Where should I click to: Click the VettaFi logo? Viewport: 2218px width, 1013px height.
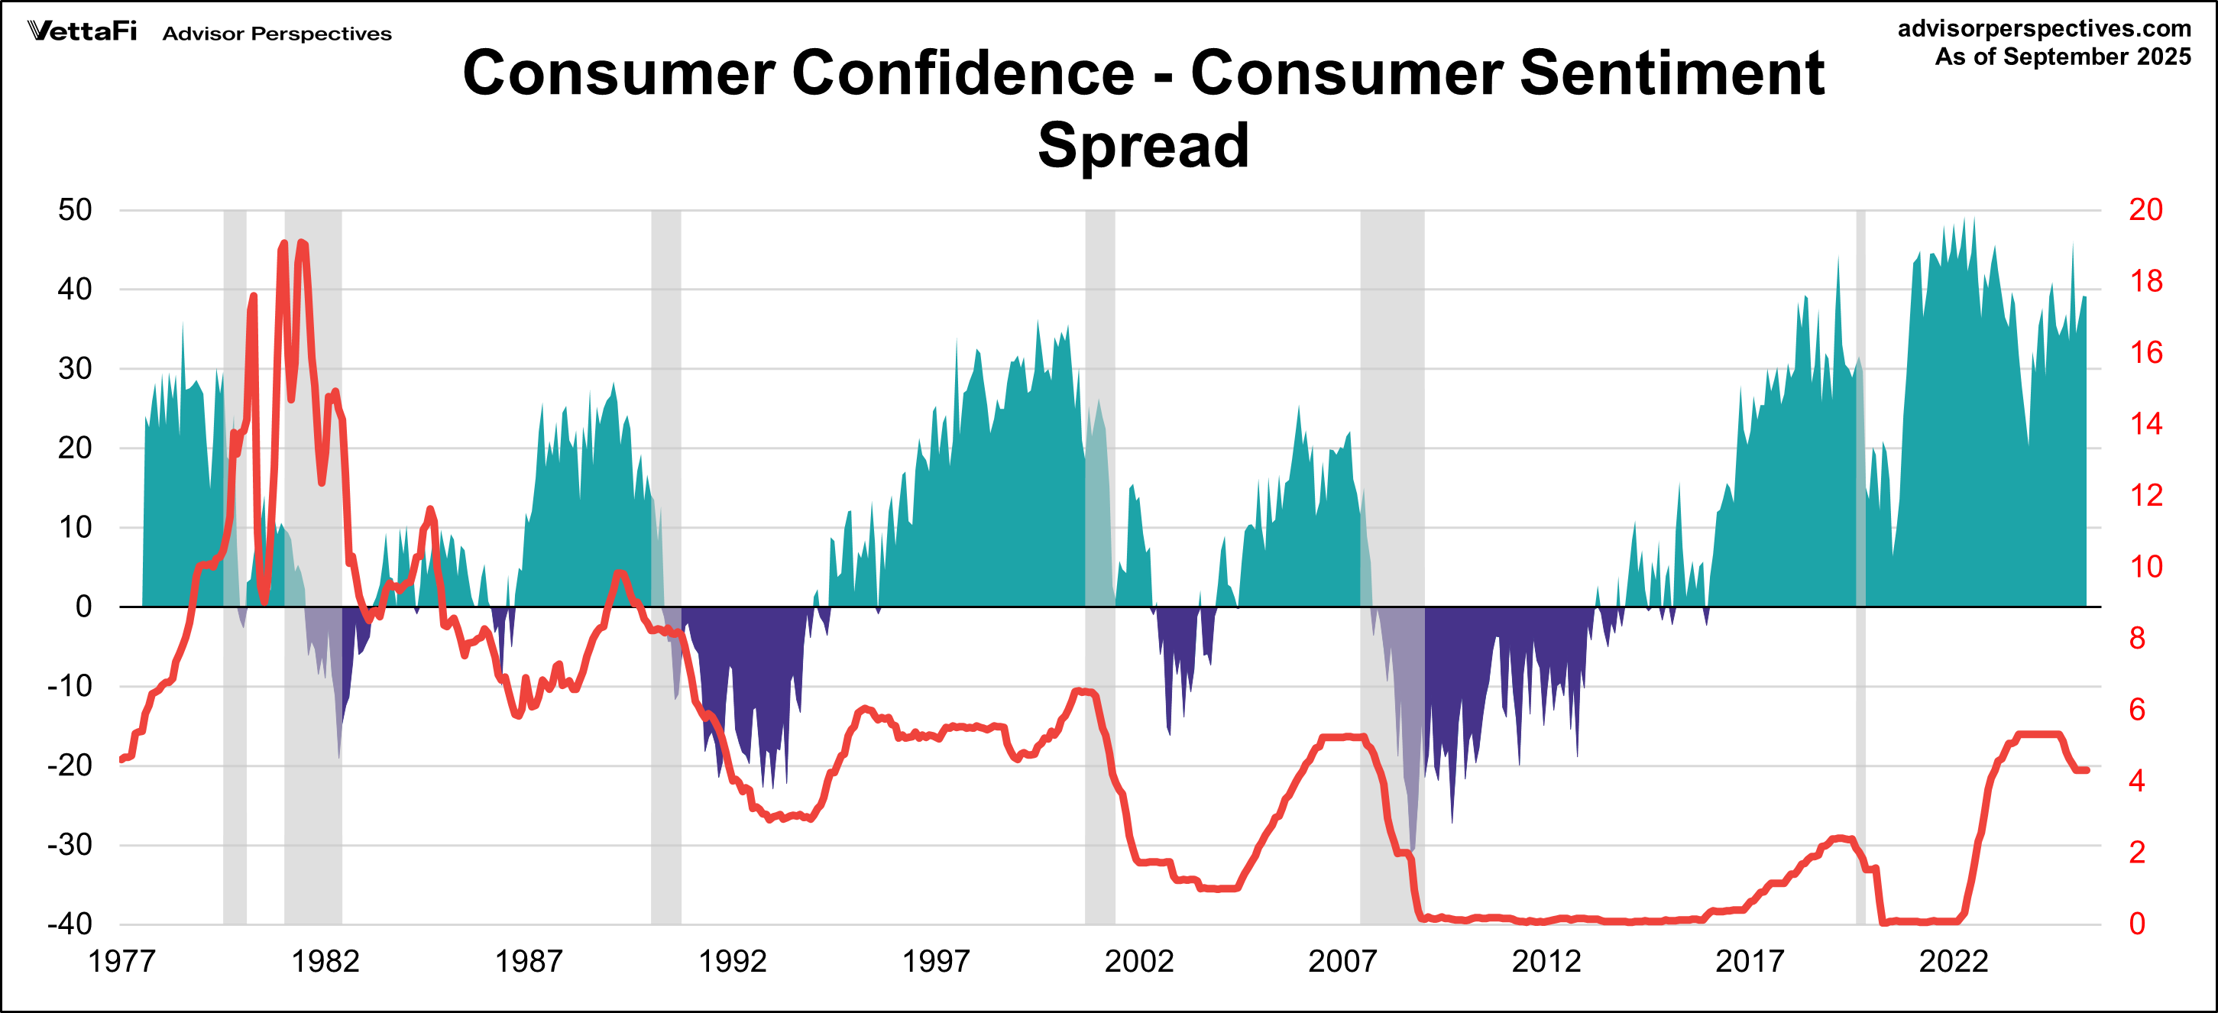82,32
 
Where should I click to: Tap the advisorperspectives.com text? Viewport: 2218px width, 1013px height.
2044,28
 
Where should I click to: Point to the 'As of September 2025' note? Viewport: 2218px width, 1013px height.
2062,57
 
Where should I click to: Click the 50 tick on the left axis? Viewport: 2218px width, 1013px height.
75,210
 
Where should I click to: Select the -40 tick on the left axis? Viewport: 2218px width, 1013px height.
70,924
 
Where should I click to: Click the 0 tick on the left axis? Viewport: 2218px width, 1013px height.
83,607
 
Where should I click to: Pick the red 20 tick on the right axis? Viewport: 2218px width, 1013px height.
2145,210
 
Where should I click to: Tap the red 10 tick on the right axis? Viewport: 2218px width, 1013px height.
2145,566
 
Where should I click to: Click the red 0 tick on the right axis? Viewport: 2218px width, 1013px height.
2137,924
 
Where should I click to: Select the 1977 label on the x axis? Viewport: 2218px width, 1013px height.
121,960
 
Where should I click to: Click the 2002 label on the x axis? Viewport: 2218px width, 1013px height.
1138,960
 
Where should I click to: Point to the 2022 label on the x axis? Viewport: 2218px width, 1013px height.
1953,960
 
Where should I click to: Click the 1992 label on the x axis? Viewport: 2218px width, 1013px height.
732,960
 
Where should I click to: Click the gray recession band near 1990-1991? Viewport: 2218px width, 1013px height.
665,345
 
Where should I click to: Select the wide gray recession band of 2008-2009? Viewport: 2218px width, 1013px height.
1391,345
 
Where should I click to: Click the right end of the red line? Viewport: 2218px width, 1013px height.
2087,770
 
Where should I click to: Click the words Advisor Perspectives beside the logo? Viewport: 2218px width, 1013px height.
277,34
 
